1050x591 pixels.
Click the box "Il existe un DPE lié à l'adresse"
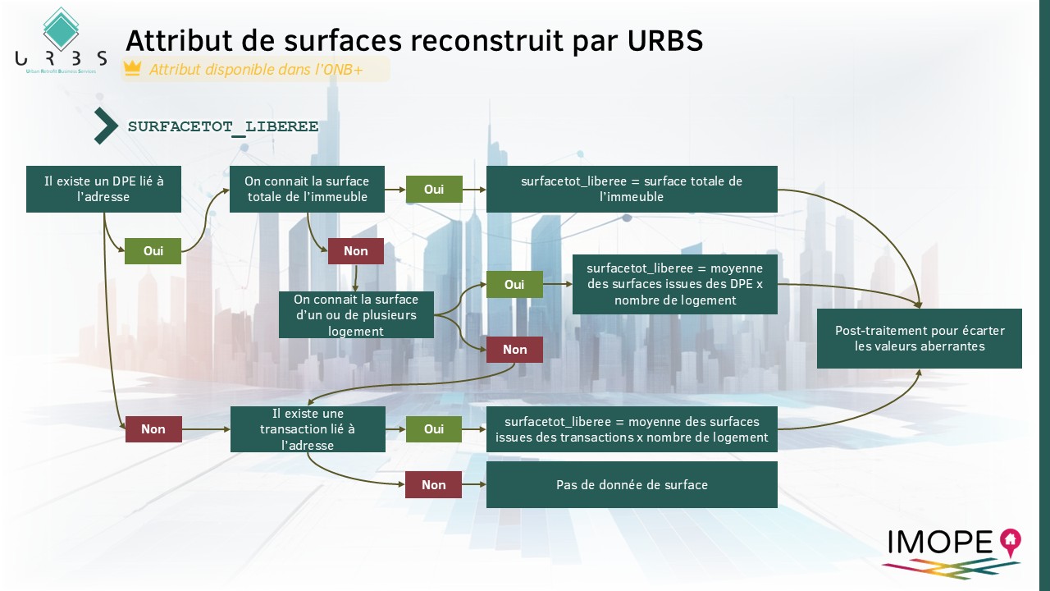click(x=103, y=189)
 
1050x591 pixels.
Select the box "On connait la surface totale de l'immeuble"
click(x=307, y=189)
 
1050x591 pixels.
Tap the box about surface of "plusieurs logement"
click(x=356, y=315)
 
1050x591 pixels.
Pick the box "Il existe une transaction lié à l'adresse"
click(x=308, y=428)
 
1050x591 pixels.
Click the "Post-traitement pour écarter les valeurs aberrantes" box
click(x=919, y=338)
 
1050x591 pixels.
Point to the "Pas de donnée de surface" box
click(x=632, y=484)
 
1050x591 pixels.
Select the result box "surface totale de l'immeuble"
click(x=632, y=189)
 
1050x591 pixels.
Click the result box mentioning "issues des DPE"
click(x=674, y=284)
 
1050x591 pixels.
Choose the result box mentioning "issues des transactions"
click(x=632, y=429)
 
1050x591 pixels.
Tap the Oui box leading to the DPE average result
click(x=514, y=284)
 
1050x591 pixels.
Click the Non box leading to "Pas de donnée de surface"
click(x=433, y=484)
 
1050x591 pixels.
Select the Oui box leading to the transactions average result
click(x=434, y=428)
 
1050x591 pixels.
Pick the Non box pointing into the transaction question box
click(x=153, y=428)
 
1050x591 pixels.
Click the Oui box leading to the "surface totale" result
click(x=434, y=189)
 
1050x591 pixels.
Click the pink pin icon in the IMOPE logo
click(x=1009, y=540)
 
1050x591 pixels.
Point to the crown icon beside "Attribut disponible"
click(x=133, y=69)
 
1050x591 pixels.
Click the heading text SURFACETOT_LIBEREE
click(x=223, y=127)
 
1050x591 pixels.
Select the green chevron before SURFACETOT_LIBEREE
click(x=105, y=126)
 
